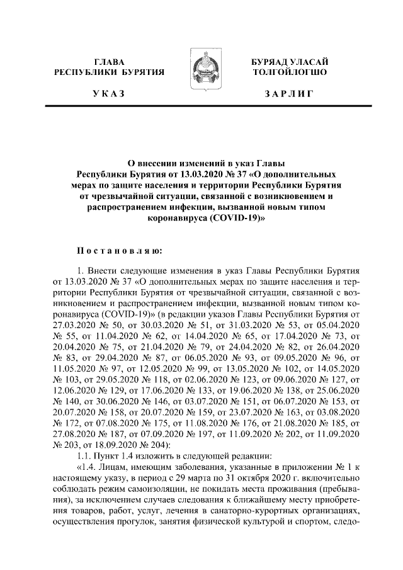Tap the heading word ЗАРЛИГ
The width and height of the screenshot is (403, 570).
pos(289,94)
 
